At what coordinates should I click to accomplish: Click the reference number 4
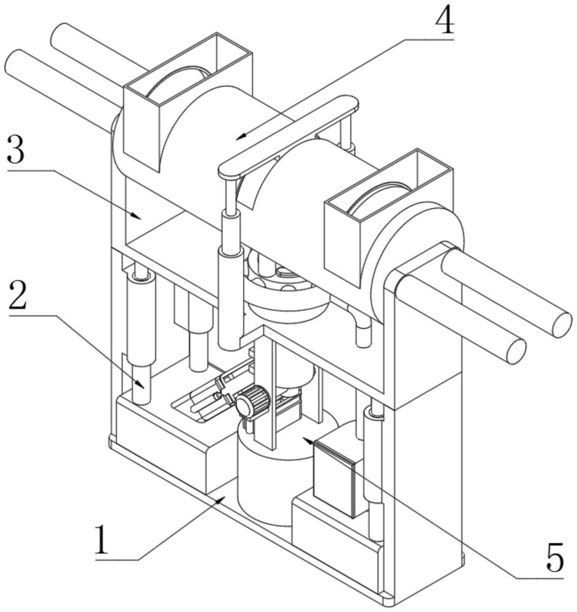coord(445,22)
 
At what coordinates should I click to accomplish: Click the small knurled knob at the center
coord(251,404)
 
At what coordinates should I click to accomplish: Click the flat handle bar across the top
coord(288,136)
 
